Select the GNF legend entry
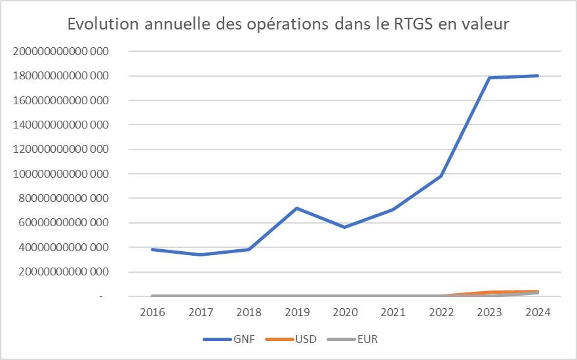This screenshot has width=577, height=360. tap(230, 340)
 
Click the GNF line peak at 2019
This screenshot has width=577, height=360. tap(297, 209)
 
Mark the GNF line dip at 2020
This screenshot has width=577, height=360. tap(345, 227)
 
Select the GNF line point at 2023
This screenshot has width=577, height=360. tap(489, 78)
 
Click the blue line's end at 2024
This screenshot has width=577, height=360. tap(538, 76)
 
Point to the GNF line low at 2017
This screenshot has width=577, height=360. tap(201, 254)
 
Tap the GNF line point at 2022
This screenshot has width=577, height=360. tap(441, 176)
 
